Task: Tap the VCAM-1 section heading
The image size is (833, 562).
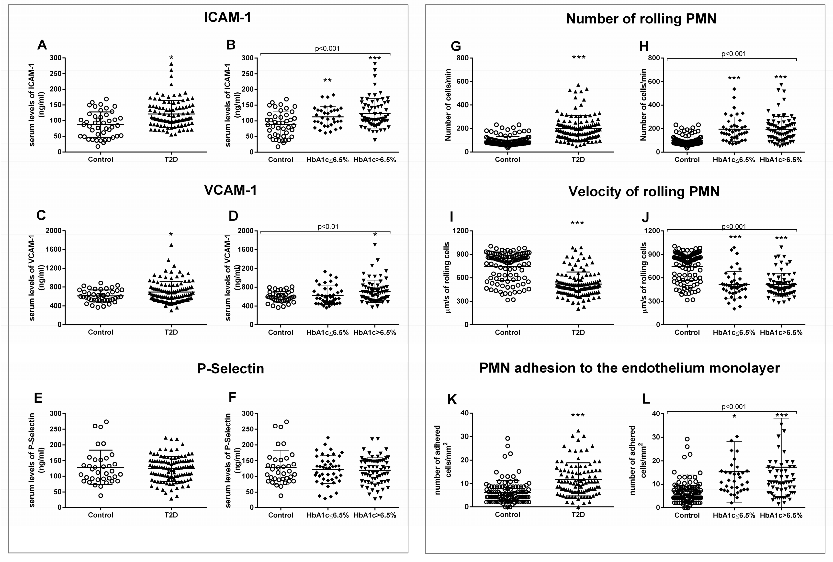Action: point(230,190)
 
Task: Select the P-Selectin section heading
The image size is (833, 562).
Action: point(230,369)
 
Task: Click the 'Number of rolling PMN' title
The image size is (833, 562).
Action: point(641,19)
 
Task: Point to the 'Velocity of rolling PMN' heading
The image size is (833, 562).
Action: point(644,192)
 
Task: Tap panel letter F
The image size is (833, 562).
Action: point(232,397)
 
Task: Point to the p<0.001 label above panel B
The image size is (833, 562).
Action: point(327,48)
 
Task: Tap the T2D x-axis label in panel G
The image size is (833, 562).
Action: point(578,159)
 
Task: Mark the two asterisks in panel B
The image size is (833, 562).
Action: point(327,81)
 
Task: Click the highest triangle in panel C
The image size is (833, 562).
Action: point(171,245)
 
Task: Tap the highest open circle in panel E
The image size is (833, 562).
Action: point(106,422)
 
